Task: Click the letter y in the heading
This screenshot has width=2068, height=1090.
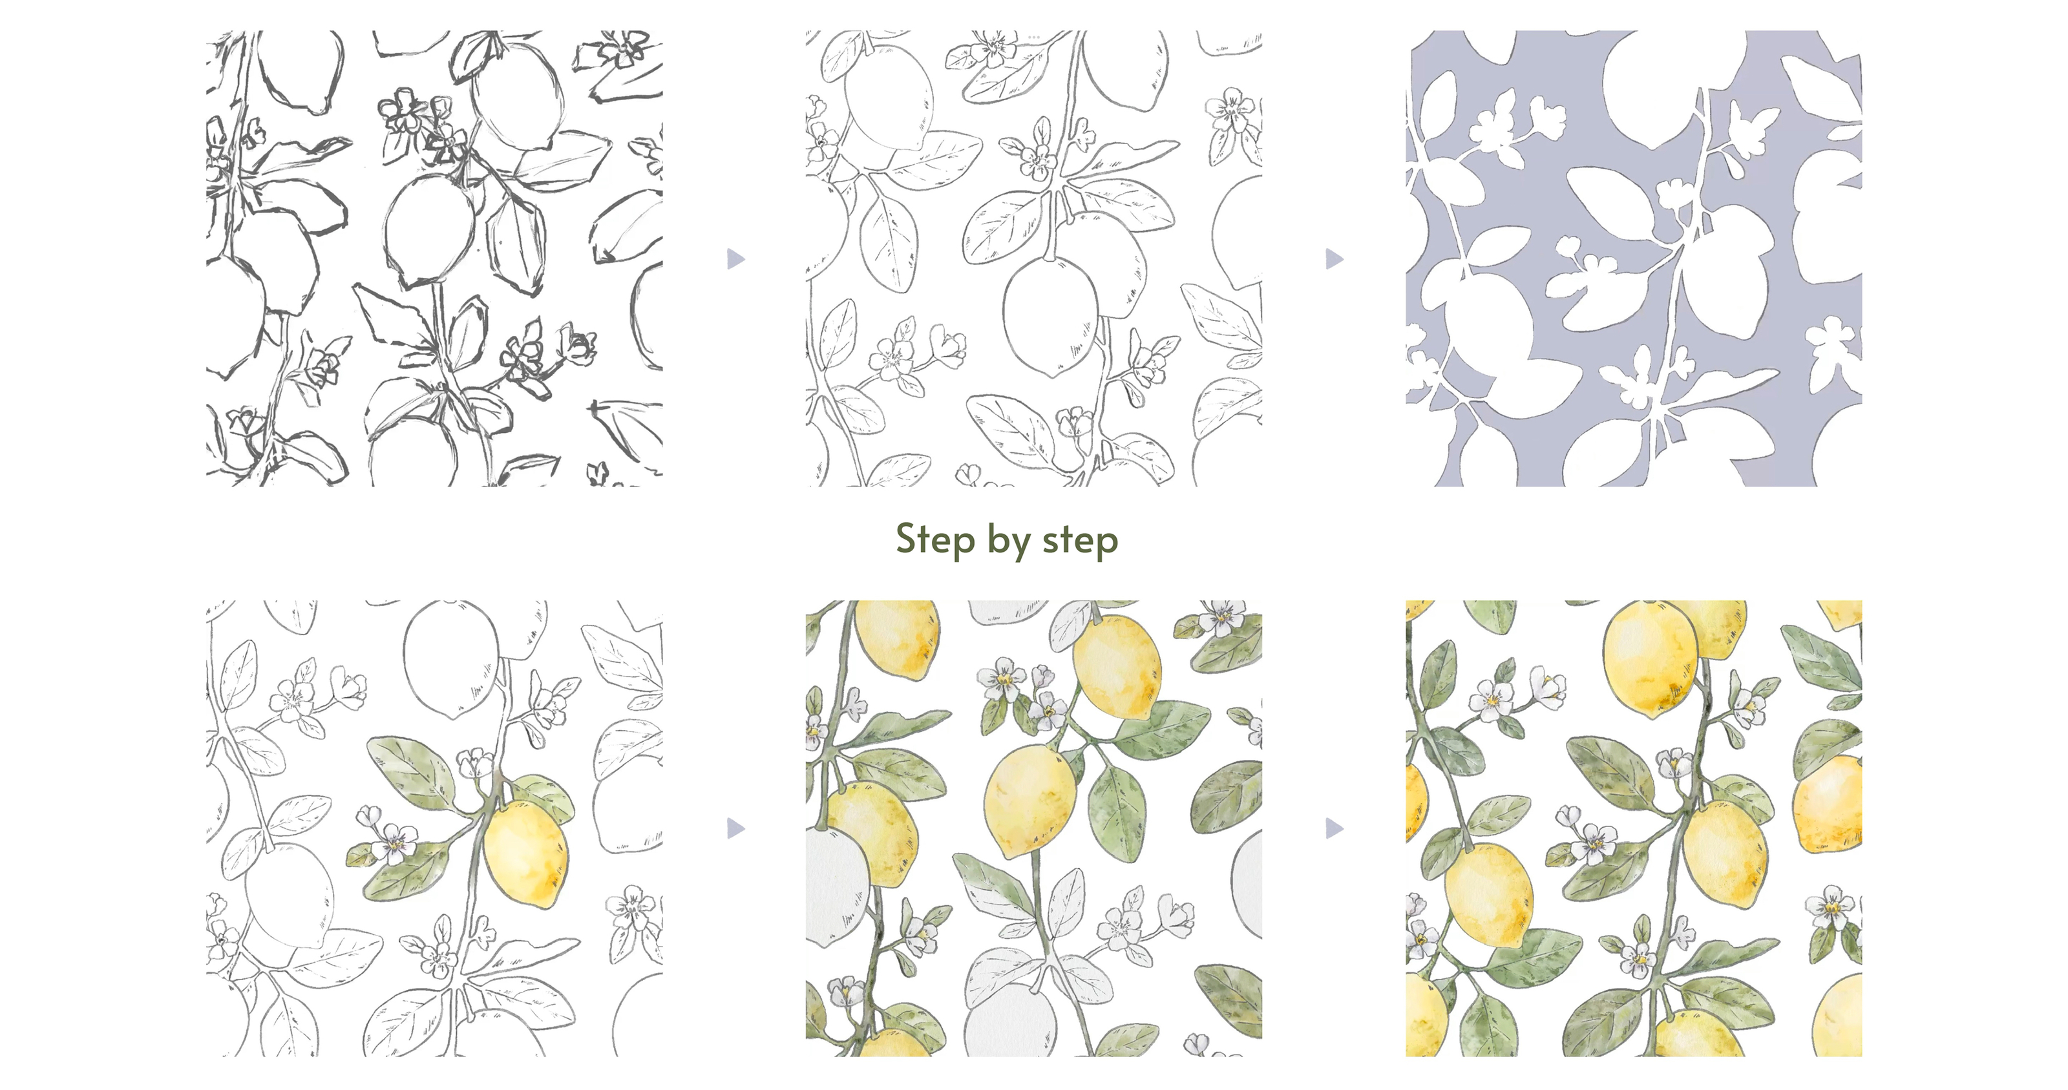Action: tap(1020, 546)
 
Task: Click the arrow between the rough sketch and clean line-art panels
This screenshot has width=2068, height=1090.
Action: tap(736, 258)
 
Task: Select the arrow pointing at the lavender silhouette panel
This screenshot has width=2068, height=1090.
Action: tap(1335, 258)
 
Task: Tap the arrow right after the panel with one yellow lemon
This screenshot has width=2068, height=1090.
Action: tap(736, 828)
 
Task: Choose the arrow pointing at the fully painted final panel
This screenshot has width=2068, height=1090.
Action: tap(1335, 828)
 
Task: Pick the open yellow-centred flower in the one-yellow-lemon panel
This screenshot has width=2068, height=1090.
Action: tap(396, 842)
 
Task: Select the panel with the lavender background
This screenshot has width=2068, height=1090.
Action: tap(1634, 258)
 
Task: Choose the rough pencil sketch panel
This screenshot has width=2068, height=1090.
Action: tap(434, 258)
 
